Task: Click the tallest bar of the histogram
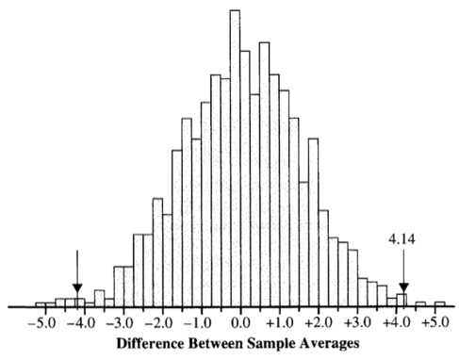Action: [235, 158]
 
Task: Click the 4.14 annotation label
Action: [402, 239]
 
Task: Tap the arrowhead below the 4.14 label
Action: [404, 287]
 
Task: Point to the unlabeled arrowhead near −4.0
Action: [77, 288]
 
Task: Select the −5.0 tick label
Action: [41, 323]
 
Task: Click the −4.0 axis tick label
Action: [81, 323]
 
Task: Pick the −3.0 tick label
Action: [120, 323]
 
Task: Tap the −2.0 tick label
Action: [158, 323]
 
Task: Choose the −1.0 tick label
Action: [198, 323]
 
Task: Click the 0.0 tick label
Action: [240, 323]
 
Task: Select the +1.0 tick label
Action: [279, 323]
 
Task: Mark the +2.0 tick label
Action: [318, 323]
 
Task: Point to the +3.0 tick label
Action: [357, 323]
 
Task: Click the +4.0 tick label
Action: [397, 323]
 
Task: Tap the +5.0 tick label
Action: [435, 323]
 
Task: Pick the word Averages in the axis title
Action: [329, 344]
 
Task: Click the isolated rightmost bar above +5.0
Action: [440, 303]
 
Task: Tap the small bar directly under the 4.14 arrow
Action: [402, 300]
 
